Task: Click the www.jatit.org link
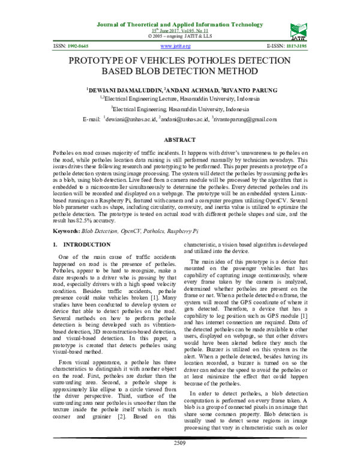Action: (172, 46)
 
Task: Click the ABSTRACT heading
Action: (180, 139)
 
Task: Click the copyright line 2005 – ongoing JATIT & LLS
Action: (179, 36)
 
